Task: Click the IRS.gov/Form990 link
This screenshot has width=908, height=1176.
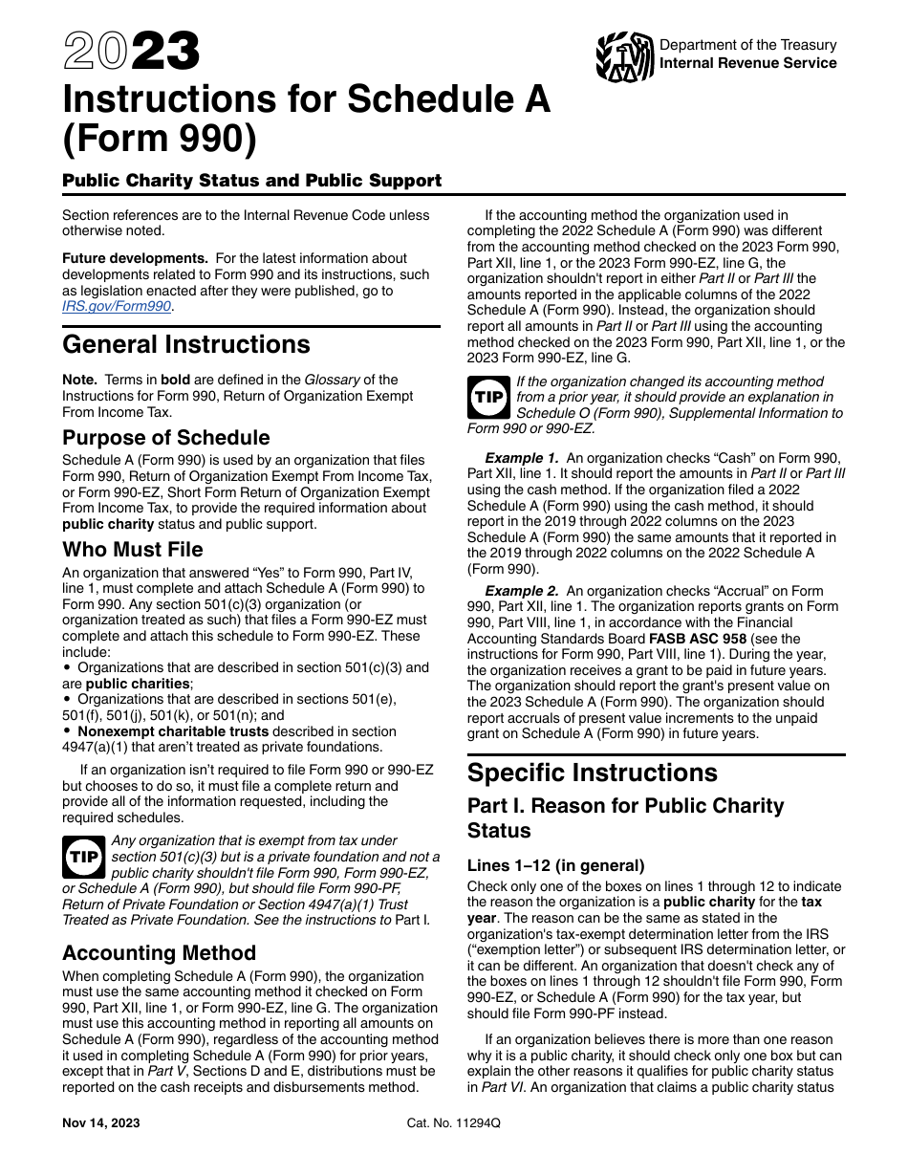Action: click(x=117, y=306)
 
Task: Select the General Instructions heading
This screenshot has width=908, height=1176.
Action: click(x=186, y=344)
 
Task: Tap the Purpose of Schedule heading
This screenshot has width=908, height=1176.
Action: click(x=166, y=438)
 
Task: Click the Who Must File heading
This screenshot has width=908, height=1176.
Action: click(x=133, y=550)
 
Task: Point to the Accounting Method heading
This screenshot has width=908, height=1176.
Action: click(x=160, y=953)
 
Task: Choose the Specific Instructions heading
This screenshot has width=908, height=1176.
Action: click(x=593, y=773)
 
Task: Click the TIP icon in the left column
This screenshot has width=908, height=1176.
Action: click(x=84, y=858)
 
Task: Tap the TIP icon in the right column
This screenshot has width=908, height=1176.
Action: click(x=489, y=398)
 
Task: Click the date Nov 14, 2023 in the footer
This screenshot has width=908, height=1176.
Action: click(x=100, y=1123)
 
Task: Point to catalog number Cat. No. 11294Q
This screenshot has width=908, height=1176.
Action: click(x=453, y=1123)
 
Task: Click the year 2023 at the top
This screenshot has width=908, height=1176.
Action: click(x=132, y=52)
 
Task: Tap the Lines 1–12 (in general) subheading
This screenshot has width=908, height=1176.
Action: click(x=556, y=865)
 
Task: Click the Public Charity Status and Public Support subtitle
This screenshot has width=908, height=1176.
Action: click(x=252, y=181)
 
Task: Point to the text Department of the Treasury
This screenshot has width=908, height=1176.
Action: click(x=748, y=45)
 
